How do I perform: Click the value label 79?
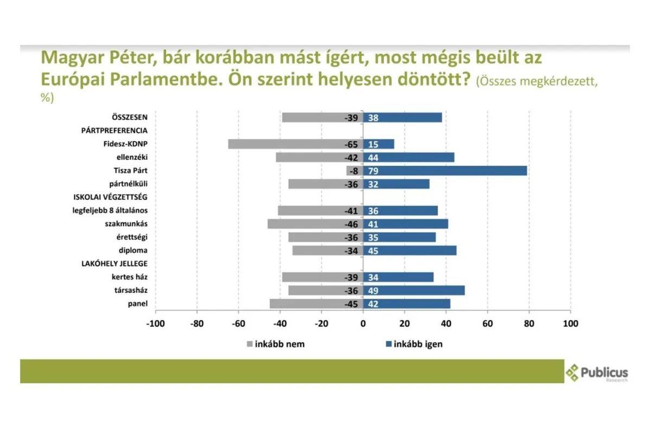tap(373, 171)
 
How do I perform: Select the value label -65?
tap(351, 144)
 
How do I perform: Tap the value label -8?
tap(353, 171)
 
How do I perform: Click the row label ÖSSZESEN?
tap(130, 117)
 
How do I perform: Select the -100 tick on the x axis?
tap(155, 324)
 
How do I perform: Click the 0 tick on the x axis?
tap(363, 324)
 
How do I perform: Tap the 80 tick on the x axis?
tap(529, 324)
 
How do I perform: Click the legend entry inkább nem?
tap(279, 344)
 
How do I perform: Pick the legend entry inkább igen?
tap(418, 344)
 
